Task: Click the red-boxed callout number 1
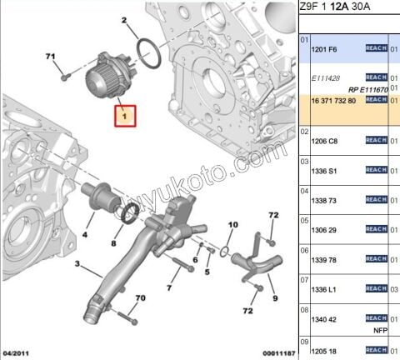tap(127, 117)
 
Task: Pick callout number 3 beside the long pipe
tap(77, 265)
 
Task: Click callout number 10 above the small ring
tap(232, 224)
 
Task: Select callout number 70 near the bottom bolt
tap(140, 298)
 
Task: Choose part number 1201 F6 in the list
tap(324, 49)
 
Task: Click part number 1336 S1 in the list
tap(324, 171)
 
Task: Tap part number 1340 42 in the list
tap(324, 318)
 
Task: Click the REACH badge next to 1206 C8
tap(376, 140)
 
